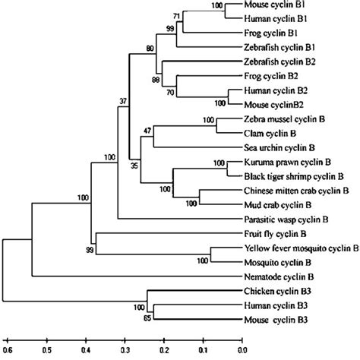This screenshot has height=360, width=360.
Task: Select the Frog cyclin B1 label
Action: pos(270,34)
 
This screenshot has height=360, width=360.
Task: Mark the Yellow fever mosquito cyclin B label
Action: pos(301,248)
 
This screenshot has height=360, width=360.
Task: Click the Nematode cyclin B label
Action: pos(276,276)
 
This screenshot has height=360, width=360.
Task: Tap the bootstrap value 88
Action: pos(155,80)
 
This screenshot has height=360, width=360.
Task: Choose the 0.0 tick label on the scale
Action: pos(241,351)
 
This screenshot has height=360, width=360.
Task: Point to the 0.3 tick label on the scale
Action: pos(124,351)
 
